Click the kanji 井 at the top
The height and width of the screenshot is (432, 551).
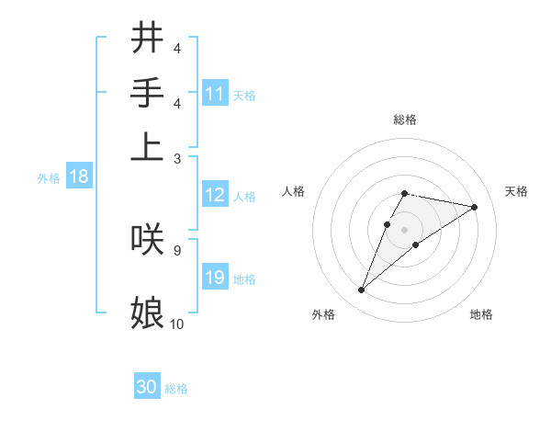coord(147,39)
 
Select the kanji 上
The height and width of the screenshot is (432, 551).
coord(147,147)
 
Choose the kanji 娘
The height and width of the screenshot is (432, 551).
coord(147,313)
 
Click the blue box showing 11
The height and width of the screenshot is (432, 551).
coord(215,94)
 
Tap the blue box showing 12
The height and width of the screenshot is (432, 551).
coord(215,195)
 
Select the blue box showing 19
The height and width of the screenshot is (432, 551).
coord(215,278)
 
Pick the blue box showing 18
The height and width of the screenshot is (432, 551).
coord(79,176)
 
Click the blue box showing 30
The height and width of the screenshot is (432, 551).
coord(147,387)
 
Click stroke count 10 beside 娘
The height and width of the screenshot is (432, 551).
coord(177,324)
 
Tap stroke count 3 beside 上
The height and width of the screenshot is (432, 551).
coord(176,158)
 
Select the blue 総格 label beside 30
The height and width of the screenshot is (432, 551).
coord(176,389)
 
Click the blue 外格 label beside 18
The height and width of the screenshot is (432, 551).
coord(49,178)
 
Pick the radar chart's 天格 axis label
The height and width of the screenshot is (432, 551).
coord(516,191)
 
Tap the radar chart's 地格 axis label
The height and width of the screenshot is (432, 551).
coord(481,314)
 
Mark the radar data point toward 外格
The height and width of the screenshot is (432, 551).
coord(361,290)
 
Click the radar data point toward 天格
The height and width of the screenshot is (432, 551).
coord(475,207)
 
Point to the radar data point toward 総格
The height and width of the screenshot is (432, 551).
coord(404,193)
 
